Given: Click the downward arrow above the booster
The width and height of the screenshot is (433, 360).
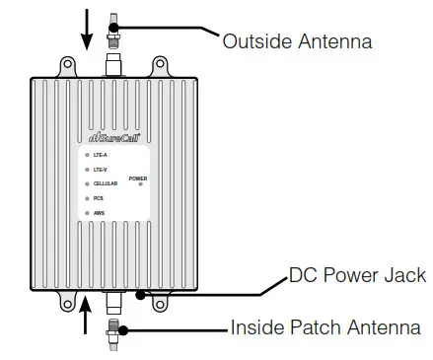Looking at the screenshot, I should (88, 28).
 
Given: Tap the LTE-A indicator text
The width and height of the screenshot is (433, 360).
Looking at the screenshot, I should (101, 155).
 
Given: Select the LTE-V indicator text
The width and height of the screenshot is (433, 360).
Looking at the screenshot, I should (101, 170).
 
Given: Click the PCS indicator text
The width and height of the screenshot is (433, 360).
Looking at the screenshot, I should (99, 198).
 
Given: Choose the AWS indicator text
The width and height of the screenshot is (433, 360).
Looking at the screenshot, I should (99, 212).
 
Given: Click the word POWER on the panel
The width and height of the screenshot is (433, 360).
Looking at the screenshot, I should (138, 178).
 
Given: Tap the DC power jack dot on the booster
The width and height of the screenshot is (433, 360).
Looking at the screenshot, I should (144, 293).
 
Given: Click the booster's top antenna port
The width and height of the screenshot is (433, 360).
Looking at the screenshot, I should (113, 64).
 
